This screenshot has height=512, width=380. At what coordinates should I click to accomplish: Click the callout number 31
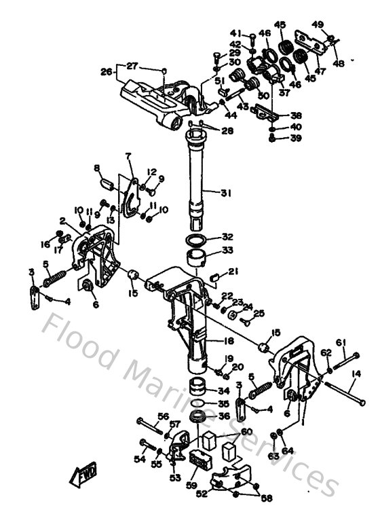click(x=225, y=193)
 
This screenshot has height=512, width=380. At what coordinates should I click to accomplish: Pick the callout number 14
click(x=356, y=373)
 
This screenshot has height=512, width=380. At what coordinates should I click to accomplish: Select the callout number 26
click(x=105, y=71)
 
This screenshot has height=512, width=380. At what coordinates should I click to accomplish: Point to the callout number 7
click(x=127, y=156)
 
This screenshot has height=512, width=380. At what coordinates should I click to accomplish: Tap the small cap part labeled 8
click(x=106, y=182)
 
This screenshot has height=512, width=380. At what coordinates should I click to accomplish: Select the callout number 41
click(x=235, y=33)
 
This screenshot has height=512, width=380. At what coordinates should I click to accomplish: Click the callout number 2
click(x=62, y=221)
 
